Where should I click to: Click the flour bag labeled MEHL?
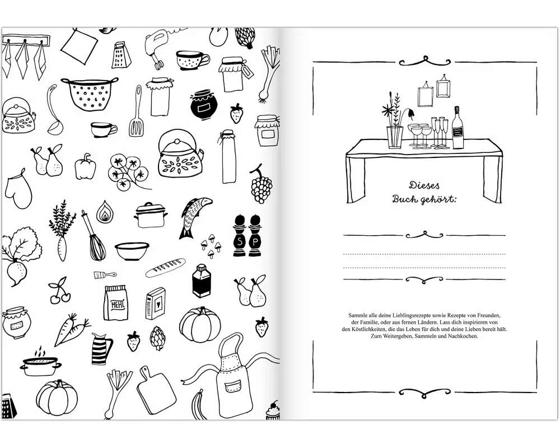click(x=115, y=303)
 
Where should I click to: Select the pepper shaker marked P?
click(x=255, y=235)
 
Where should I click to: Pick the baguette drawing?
click(x=165, y=268)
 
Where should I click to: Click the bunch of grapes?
click(x=261, y=185)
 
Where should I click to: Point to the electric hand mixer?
click(x=158, y=47)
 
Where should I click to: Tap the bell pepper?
click(x=85, y=167)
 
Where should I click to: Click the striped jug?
click(x=101, y=348)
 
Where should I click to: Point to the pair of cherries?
click(x=59, y=291)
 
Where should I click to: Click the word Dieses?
click(x=424, y=185)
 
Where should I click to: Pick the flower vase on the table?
click(x=395, y=137)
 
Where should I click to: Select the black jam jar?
click(x=204, y=105)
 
